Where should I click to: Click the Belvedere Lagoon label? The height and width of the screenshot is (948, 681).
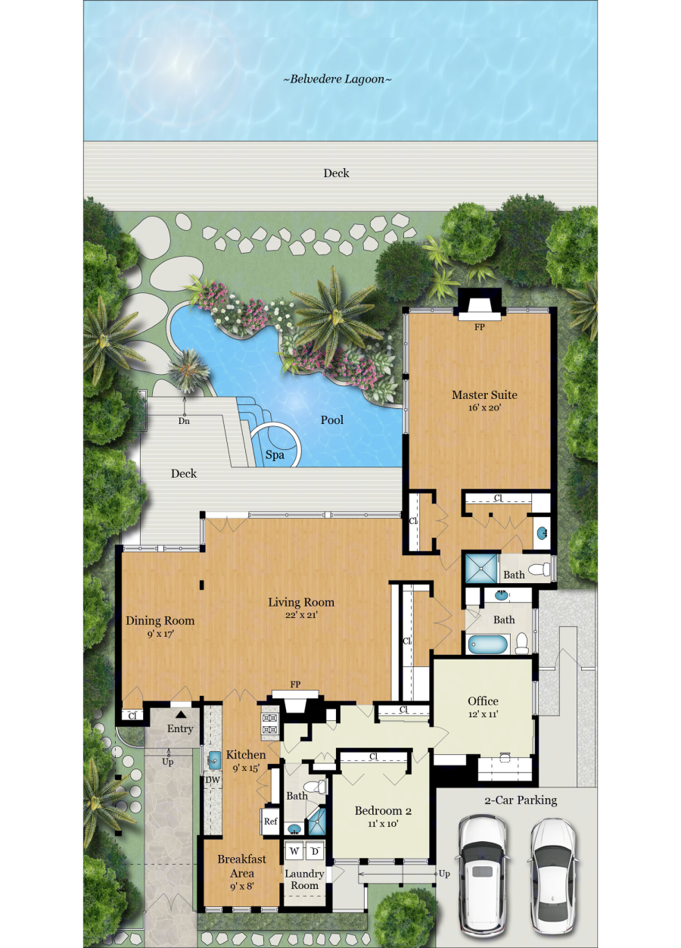[x=337, y=80]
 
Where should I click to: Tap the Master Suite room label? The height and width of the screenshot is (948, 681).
[x=484, y=394]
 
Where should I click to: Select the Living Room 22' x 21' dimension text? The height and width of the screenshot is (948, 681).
[x=301, y=615]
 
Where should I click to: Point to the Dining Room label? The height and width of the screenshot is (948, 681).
[x=160, y=621]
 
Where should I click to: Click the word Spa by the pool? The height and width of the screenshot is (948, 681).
[x=275, y=455]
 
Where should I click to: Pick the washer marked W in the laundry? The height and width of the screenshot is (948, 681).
[x=294, y=851]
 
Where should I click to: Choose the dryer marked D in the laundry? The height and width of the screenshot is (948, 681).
[x=315, y=851]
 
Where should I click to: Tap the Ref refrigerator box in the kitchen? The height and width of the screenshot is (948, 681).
[x=270, y=821]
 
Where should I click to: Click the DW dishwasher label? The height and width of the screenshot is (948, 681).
[x=213, y=780]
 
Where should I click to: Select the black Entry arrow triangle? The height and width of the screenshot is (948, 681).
[x=181, y=714]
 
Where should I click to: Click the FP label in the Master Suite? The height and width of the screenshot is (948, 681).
[x=479, y=327]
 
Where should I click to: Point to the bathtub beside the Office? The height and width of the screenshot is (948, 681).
[x=488, y=644]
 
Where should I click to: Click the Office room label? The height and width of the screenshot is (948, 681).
[x=483, y=701]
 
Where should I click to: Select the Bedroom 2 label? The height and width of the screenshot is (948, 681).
[x=383, y=811]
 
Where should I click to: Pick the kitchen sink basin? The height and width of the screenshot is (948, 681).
[x=214, y=760]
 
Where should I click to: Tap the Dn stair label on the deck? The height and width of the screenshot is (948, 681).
[x=184, y=421]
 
